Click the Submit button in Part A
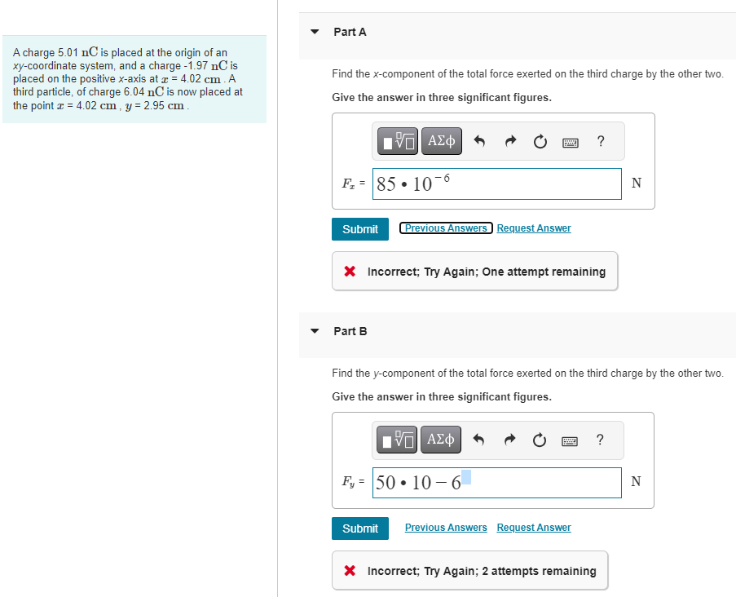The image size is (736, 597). pos(359,229)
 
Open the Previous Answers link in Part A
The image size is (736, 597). pos(446,228)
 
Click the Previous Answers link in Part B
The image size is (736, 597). pos(446,528)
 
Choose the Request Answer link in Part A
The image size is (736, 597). pos(533,228)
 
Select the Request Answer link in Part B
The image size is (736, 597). pos(533,528)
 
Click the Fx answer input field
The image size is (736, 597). pos(496,184)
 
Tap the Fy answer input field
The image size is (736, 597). pos(496,483)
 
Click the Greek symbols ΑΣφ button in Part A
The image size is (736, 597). pos(441,142)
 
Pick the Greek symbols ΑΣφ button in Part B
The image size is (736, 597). pos(441,441)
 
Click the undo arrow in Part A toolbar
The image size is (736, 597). pos(480,142)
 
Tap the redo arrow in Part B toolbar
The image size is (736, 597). pos(510,441)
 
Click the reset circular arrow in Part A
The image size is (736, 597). pos(540,142)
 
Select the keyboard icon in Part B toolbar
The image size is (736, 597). pos(570,441)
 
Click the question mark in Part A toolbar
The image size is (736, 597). pos(601,142)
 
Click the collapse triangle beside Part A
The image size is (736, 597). pos(315,32)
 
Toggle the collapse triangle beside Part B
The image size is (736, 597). pos(315,331)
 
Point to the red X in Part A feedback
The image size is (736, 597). pos(350,272)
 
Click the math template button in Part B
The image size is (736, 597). pos(399,441)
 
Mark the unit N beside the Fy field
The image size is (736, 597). pos(637,482)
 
